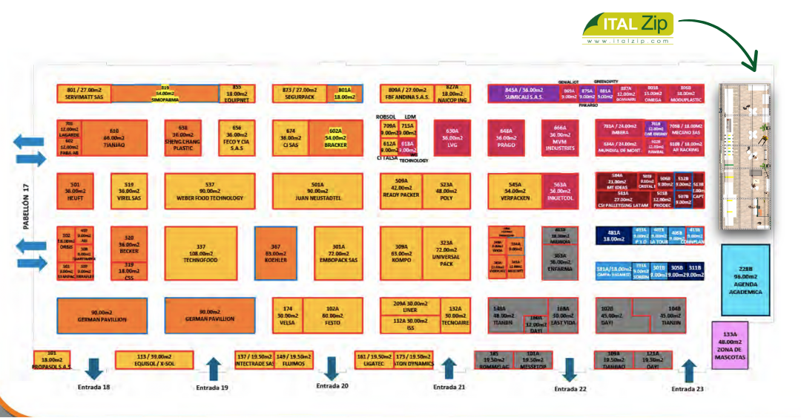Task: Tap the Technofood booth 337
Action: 200,252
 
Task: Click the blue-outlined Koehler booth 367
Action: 276,252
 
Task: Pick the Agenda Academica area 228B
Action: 745,280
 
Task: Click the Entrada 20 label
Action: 332,386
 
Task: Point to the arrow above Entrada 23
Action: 688,370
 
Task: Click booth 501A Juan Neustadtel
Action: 317,191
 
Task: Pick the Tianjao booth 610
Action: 113,138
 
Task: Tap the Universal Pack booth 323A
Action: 446,252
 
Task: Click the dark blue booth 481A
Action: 613,235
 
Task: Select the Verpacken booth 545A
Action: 515,191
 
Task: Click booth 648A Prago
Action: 507,138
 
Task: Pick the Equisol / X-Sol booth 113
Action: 154,360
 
